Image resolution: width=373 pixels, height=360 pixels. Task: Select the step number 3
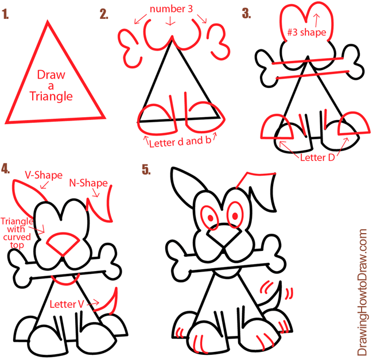tap(246, 13)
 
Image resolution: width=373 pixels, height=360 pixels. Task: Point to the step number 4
tap(5, 168)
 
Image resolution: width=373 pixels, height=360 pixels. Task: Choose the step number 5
tap(146, 169)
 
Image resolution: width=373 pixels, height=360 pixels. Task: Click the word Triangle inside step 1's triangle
tap(51, 96)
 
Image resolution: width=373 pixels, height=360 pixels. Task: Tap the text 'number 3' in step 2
tap(171, 9)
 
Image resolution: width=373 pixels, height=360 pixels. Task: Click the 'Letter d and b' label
tap(180, 142)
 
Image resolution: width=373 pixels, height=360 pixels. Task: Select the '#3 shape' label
tap(306, 32)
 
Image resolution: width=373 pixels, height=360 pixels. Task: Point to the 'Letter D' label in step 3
tap(317, 157)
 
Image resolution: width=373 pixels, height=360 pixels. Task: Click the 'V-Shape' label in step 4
tap(44, 175)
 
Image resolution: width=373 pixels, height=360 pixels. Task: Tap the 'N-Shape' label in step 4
tap(88, 183)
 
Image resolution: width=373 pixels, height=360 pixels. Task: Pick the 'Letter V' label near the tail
tap(67, 304)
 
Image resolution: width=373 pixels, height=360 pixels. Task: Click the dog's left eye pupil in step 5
tap(211, 218)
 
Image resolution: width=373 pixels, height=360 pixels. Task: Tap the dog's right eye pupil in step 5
tap(235, 216)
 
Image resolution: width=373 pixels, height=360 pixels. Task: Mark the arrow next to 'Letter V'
tap(93, 303)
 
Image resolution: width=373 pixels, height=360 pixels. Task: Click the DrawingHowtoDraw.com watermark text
tap(362, 292)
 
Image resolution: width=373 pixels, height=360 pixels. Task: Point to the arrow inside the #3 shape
tap(317, 20)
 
